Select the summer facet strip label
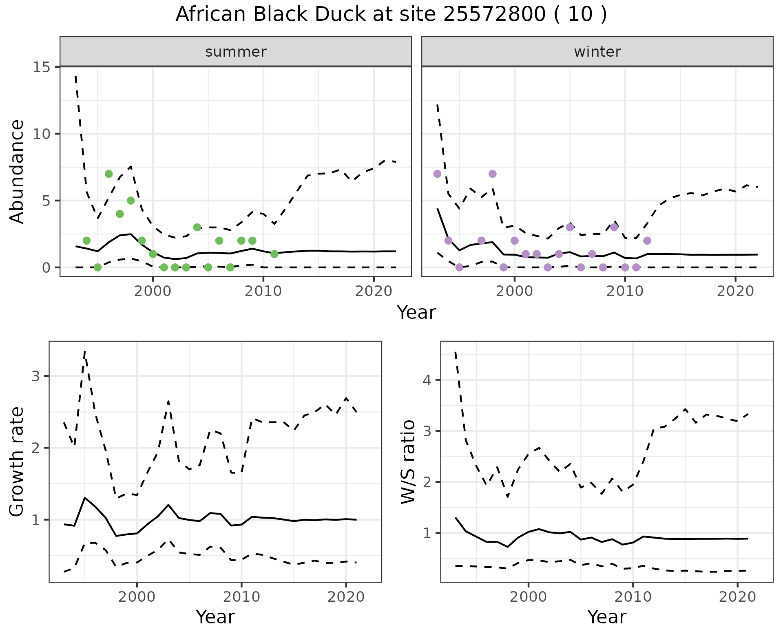click(x=236, y=52)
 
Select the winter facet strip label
click(x=597, y=52)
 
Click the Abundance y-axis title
click(x=17, y=171)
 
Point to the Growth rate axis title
click(x=17, y=462)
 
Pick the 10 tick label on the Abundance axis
click(x=41, y=134)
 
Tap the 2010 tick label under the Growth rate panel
click(x=241, y=597)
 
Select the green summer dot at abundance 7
click(x=109, y=174)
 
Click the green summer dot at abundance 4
click(x=120, y=214)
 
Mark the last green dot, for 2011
click(x=274, y=254)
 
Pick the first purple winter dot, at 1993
click(x=437, y=174)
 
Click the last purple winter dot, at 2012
click(x=647, y=241)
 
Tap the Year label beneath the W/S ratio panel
click(x=607, y=617)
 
